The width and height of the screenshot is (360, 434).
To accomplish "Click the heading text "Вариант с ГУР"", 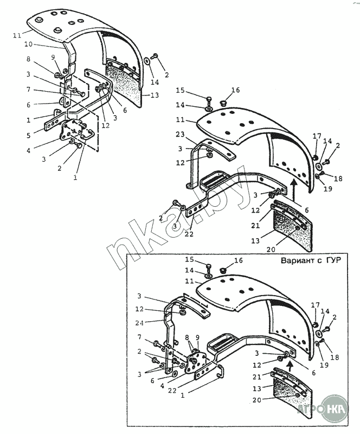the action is click(x=311, y=260).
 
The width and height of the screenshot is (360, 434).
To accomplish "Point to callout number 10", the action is click(x=28, y=44).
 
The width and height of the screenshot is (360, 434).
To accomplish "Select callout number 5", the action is click(x=29, y=136).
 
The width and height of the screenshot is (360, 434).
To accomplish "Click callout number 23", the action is click(x=180, y=134).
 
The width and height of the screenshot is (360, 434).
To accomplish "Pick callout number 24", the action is click(x=139, y=323).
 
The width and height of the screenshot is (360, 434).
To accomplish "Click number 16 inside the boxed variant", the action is click(x=238, y=260).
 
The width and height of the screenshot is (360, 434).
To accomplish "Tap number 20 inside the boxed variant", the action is click(x=257, y=400).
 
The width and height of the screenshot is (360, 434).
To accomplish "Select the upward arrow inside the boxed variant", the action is click(x=290, y=368).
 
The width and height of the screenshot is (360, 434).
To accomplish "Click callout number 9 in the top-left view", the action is click(x=53, y=58).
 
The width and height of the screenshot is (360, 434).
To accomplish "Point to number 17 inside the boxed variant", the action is click(x=316, y=305).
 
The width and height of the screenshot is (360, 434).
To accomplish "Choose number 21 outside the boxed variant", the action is click(x=255, y=226).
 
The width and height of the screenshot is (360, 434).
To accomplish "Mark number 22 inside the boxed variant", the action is click(x=172, y=390).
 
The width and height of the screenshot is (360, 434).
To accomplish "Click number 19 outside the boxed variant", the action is click(x=327, y=189).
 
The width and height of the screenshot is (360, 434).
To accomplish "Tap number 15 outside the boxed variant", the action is click(x=180, y=90).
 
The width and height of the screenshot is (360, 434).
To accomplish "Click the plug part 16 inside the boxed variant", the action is click(x=223, y=270).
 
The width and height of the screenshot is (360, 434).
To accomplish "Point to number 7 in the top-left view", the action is click(x=29, y=90).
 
